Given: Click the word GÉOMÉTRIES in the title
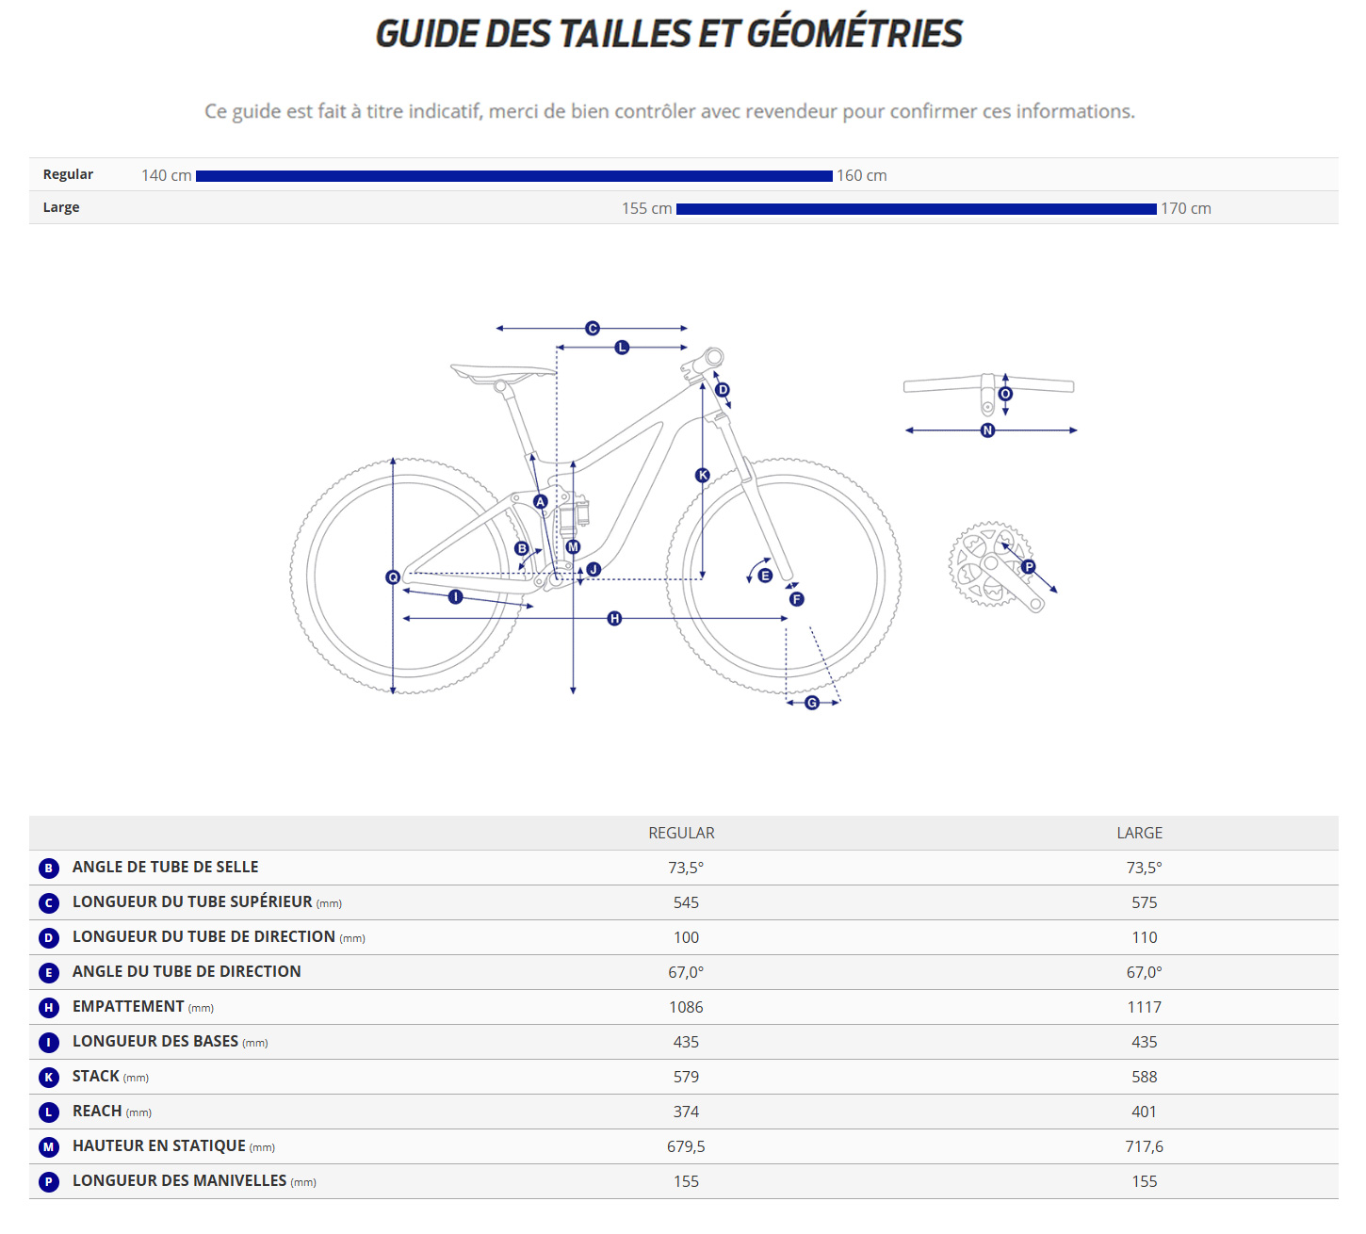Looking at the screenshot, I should tap(854, 34).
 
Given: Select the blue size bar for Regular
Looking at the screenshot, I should tap(513, 176).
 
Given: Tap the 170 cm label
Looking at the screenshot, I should tap(1185, 208).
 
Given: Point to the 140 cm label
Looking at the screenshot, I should tap(167, 176).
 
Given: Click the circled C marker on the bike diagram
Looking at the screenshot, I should tap(593, 329).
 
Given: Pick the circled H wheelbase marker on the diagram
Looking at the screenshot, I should tap(614, 619).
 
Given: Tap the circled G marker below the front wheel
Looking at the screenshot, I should tap(812, 703).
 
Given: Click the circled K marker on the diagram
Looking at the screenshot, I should tap(702, 476).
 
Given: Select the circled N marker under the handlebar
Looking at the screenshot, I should tap(987, 430).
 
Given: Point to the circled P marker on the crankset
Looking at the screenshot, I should tap(1029, 567).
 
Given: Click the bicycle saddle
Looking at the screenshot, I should tap(502, 373).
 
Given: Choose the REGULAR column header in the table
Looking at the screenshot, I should tap(681, 833).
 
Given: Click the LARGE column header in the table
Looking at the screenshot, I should tap(1139, 833).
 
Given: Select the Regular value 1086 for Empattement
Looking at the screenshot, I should tap(686, 1007).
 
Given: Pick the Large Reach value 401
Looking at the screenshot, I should tap(1144, 1112).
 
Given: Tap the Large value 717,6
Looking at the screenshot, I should tap(1144, 1146).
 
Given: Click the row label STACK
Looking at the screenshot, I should tap(96, 1076).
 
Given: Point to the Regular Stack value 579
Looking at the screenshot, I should tap(686, 1077).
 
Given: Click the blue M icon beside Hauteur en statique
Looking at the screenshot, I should tap(49, 1147).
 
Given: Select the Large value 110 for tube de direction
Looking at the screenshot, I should tap(1144, 937).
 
